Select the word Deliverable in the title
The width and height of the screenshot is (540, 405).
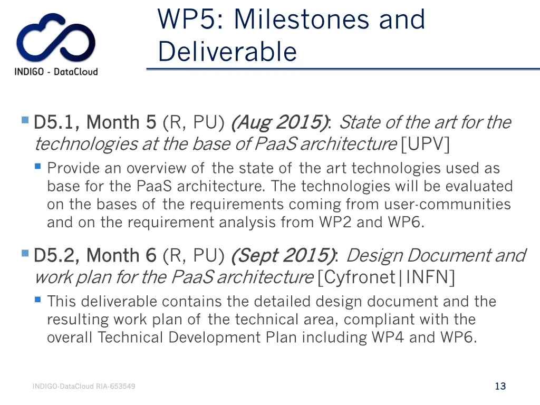pyautogui.click(x=227, y=52)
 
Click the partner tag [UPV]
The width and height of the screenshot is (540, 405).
pyautogui.click(x=425, y=143)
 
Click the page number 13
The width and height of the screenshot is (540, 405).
pyautogui.click(x=500, y=386)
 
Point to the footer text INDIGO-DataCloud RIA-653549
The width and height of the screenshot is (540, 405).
pyautogui.click(x=84, y=387)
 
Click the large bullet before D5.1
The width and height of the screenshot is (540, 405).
pyautogui.click(x=25, y=120)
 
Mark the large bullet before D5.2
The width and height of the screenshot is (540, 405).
pyautogui.click(x=25, y=254)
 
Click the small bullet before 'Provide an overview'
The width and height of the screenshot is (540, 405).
pyautogui.click(x=37, y=166)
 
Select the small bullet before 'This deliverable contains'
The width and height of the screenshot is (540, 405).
pyautogui.click(x=37, y=300)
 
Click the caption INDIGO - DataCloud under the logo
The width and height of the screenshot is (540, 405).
pyautogui.click(x=56, y=72)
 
